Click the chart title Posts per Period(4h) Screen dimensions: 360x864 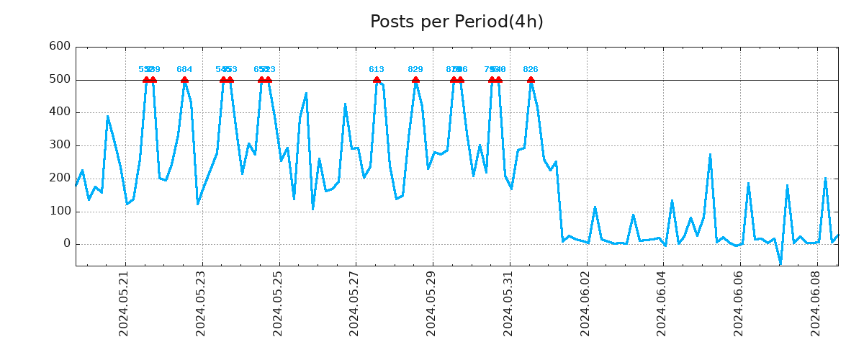456,22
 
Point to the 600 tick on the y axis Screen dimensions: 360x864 59,47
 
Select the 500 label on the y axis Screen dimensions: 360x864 59,79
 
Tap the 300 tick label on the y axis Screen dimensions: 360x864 59,145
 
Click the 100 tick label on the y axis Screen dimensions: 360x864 59,212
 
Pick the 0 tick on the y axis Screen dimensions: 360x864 66,244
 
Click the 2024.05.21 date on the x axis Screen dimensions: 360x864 124,303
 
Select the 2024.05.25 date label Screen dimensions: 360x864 278,303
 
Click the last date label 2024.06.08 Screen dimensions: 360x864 816,303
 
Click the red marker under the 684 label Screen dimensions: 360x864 184,80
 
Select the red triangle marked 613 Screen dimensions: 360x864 377,80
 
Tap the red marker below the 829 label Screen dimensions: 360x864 415,80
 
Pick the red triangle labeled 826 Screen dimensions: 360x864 531,80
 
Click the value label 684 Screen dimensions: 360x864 184,70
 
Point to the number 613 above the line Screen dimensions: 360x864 377,70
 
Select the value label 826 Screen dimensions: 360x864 531,70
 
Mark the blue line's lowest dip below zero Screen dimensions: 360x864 780,263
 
